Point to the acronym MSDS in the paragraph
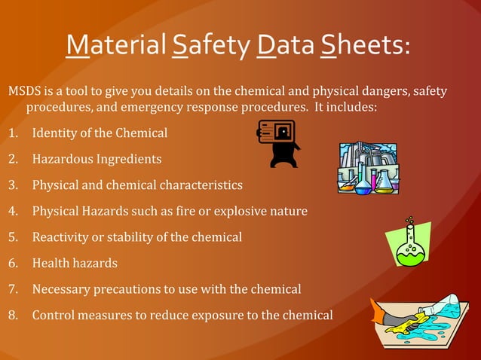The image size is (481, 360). pyautogui.click(x=25, y=92)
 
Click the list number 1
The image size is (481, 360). pyautogui.click(x=13, y=134)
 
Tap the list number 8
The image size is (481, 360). pyautogui.click(x=13, y=315)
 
